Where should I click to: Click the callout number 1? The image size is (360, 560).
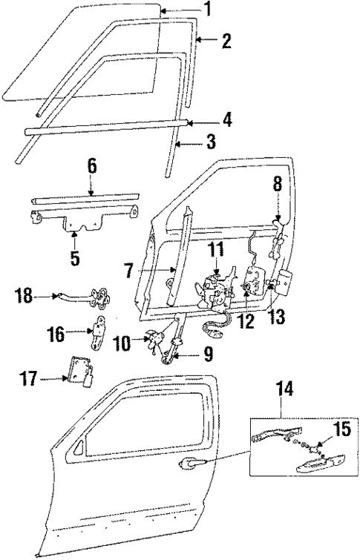[x=207, y=10]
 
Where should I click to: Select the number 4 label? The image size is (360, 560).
[x=226, y=119]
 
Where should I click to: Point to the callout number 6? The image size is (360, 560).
[x=92, y=165]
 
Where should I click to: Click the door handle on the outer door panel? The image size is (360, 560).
[x=191, y=465]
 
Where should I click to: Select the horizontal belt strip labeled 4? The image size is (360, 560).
[x=104, y=127]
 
